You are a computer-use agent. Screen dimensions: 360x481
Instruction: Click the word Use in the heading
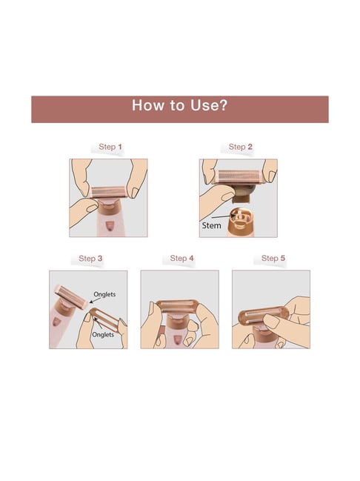(x=204, y=105)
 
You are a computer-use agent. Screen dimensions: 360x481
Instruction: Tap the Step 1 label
(x=110, y=147)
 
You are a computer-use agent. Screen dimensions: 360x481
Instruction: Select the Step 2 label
(x=241, y=147)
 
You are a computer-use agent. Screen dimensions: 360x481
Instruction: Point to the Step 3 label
(x=90, y=259)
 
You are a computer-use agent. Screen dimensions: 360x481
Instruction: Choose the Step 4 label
(x=181, y=259)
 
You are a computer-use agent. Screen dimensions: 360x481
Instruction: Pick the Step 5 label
(x=273, y=259)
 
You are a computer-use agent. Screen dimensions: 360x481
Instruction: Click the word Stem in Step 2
(x=211, y=225)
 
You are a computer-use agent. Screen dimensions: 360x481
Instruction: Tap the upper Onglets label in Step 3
(x=104, y=294)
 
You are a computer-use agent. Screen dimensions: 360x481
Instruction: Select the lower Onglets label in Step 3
(x=103, y=334)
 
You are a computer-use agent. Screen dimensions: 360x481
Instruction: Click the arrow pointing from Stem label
(x=223, y=217)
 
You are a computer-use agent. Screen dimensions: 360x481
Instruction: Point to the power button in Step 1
(x=109, y=226)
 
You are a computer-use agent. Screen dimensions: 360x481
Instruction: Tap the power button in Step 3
(x=56, y=322)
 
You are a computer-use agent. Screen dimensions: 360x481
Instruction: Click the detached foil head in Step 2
(x=237, y=177)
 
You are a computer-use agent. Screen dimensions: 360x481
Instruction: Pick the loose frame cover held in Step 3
(x=104, y=320)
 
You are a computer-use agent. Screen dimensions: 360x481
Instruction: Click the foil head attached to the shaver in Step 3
(x=71, y=296)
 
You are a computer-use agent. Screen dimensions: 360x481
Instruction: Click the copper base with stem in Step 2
(x=240, y=222)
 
